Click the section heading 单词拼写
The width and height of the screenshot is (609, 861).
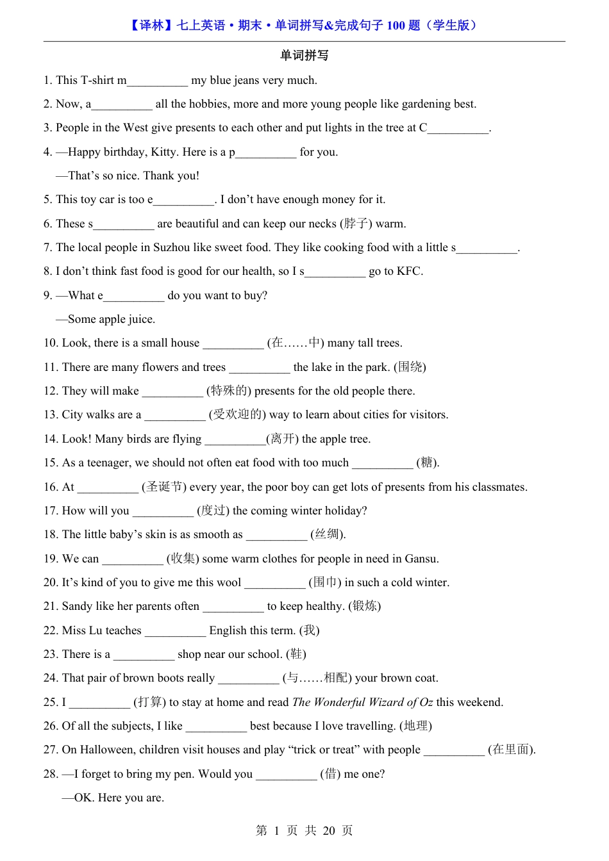[304, 56]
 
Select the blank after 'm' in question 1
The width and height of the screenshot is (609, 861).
[157, 81]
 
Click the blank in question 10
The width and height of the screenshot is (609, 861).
[233, 343]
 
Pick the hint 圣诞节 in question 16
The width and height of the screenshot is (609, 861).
[164, 487]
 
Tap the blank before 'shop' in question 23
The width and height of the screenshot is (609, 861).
[144, 655]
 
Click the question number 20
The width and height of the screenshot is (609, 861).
[50, 582]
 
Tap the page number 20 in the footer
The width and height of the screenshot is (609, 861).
[329, 831]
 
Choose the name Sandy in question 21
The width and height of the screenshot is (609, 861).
[77, 606]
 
